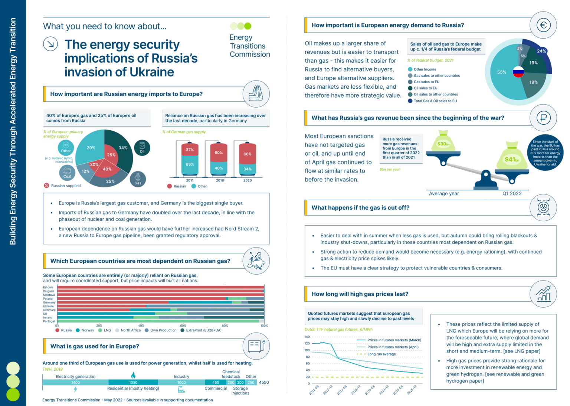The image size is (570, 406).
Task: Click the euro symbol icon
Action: coord(543,25)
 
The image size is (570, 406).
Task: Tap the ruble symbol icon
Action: coord(543,118)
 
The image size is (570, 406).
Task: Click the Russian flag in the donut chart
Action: coord(518,72)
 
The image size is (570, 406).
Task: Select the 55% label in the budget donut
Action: coord(501,72)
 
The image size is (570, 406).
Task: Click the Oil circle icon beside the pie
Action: coord(142,148)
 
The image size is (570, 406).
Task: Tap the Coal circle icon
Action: coord(67,173)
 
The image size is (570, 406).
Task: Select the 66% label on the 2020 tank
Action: coord(248,154)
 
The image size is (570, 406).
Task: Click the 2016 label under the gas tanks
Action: coord(220,180)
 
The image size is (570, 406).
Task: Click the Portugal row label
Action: coord(49,321)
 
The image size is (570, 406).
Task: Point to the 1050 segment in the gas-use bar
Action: coord(133,383)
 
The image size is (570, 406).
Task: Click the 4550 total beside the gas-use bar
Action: coord(264,382)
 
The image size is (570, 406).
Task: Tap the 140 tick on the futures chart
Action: coord(307,337)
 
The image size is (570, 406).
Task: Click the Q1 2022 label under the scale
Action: coord(512,193)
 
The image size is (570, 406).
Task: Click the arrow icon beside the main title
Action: coord(50,44)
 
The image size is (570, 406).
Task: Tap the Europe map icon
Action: coord(256,261)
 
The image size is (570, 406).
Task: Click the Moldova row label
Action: coord(49,295)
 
